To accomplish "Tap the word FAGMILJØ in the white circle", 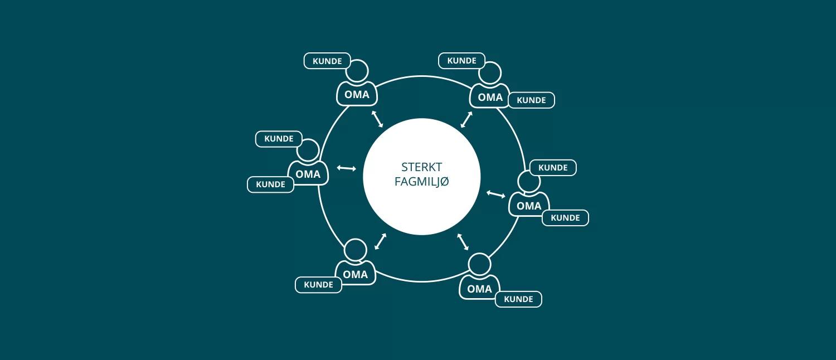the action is pyautogui.click(x=421, y=182).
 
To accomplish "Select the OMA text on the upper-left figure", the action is pyautogui.click(x=357, y=95).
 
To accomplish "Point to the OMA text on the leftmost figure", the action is pyautogui.click(x=308, y=174).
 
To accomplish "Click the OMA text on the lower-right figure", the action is pyautogui.click(x=479, y=289).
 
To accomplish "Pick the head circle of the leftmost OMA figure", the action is pyautogui.click(x=308, y=150).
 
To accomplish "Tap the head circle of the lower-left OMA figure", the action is pyautogui.click(x=356, y=250).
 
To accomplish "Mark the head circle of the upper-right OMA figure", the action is pyautogui.click(x=490, y=73).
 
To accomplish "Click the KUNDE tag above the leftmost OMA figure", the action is pyautogui.click(x=279, y=139).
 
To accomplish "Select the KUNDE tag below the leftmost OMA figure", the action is pyautogui.click(x=270, y=184).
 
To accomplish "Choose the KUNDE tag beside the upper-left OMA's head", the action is pyautogui.click(x=327, y=61).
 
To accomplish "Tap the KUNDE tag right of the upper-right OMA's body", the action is pyautogui.click(x=532, y=100).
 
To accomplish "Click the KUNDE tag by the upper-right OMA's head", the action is pyautogui.click(x=461, y=60).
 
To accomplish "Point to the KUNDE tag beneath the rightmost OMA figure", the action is pyautogui.click(x=566, y=218).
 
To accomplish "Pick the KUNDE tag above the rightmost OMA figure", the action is pyautogui.click(x=553, y=168).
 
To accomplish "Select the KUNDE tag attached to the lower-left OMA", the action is pyautogui.click(x=318, y=285).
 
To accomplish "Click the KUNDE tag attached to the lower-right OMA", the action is pyautogui.click(x=518, y=299).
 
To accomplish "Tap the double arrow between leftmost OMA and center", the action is pyautogui.click(x=346, y=168).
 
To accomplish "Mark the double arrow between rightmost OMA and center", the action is pyautogui.click(x=495, y=194).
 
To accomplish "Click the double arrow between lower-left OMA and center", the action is pyautogui.click(x=380, y=241).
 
